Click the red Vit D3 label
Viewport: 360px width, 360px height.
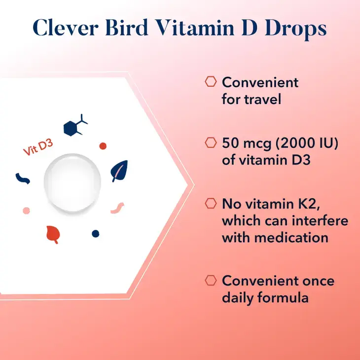coord(38,148)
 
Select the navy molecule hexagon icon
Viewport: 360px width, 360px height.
coord(74,127)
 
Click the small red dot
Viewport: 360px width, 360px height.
coord(103,146)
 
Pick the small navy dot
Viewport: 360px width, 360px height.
coord(95,233)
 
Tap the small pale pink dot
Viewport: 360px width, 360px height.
coord(26,211)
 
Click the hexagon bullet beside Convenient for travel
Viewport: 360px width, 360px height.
coord(211,82)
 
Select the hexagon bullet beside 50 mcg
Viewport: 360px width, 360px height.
coord(211,143)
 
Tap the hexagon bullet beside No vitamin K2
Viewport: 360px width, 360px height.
coord(211,203)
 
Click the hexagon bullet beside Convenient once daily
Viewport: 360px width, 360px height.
coord(211,281)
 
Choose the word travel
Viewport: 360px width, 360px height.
coord(263,99)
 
